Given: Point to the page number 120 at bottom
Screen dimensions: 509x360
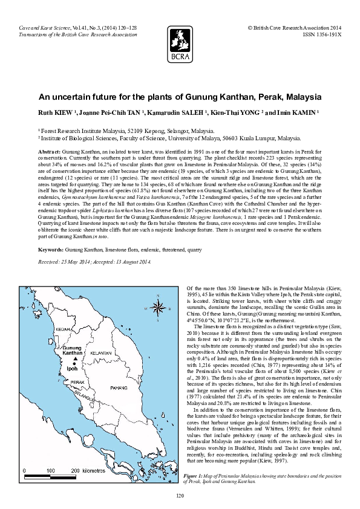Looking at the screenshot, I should pos(180,496).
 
